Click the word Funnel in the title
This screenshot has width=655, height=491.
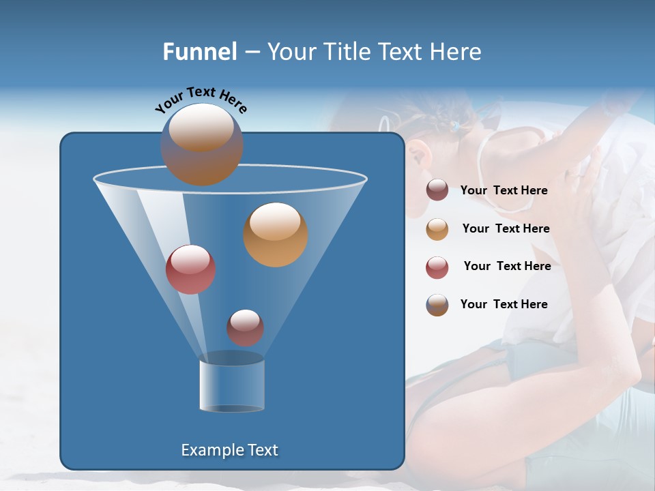(x=200, y=52)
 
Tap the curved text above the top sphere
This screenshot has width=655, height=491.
(x=201, y=100)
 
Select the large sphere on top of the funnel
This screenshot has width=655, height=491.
(x=201, y=144)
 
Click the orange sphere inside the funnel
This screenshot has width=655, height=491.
(x=276, y=234)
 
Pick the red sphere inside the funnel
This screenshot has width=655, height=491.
(x=190, y=269)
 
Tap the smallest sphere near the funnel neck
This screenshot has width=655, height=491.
(x=245, y=327)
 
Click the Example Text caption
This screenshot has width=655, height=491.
(x=229, y=450)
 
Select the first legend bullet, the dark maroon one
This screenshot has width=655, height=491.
(x=437, y=190)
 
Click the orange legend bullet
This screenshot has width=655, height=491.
(x=437, y=229)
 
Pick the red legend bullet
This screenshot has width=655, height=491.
(x=437, y=267)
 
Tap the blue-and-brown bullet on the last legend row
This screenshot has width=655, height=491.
(x=437, y=305)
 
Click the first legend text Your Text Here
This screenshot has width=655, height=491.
(x=504, y=191)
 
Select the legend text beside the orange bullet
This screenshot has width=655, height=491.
(x=506, y=229)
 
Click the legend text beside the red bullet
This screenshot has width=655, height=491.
(x=507, y=267)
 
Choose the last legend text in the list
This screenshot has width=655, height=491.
(x=504, y=305)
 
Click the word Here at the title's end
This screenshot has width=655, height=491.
(x=456, y=52)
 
